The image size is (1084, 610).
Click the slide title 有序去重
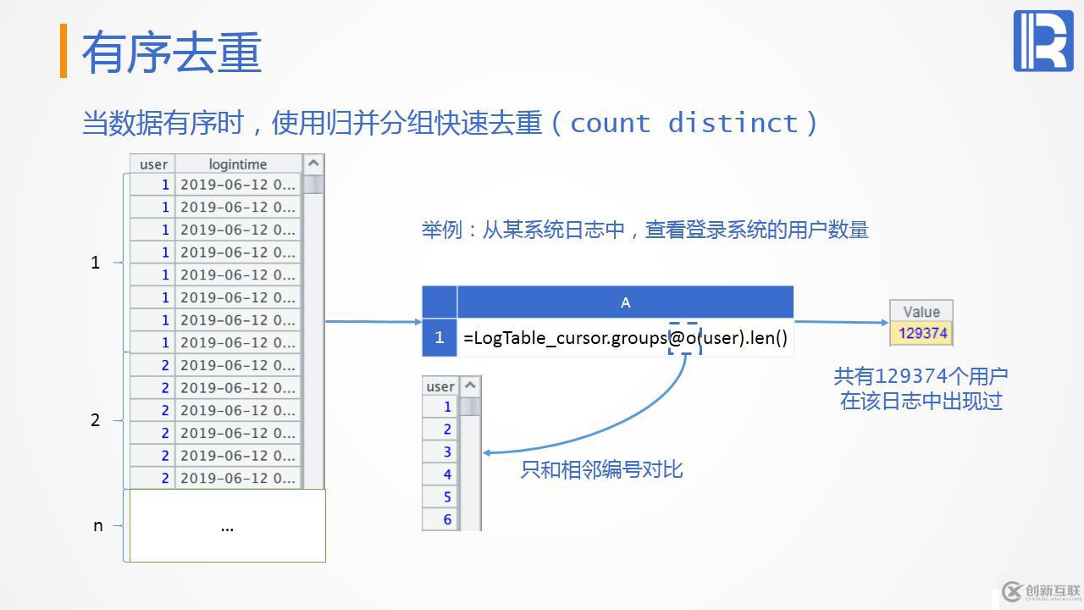(x=171, y=53)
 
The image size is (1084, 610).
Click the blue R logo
(x=1043, y=41)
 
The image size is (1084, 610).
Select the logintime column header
(x=238, y=164)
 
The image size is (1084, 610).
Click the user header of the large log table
(x=153, y=164)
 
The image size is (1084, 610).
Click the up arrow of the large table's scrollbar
(x=313, y=164)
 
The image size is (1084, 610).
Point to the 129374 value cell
(x=921, y=333)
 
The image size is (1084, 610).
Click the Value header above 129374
(x=921, y=311)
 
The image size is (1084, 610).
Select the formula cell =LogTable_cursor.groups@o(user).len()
(x=625, y=338)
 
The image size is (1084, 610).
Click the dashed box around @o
(x=684, y=338)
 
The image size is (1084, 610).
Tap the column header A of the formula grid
(x=625, y=302)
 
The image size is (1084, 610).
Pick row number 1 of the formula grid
(x=439, y=338)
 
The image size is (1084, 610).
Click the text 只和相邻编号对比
(x=601, y=469)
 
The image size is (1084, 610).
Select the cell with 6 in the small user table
(x=440, y=519)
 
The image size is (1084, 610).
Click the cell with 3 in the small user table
(x=440, y=452)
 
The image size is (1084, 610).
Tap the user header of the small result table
(x=440, y=386)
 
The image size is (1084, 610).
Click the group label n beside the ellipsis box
(x=97, y=526)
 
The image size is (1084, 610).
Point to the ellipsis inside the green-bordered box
(x=227, y=526)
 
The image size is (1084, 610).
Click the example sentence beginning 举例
(x=645, y=230)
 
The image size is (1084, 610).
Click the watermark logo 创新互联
(x=1041, y=591)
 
